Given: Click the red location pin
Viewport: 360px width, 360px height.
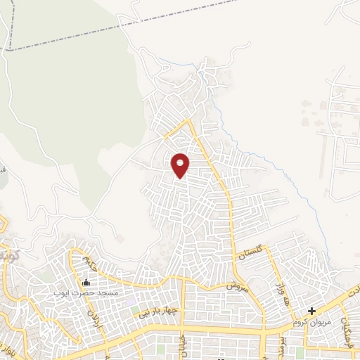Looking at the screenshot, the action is tap(181, 165).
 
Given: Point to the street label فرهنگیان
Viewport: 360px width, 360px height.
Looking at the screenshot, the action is tap(347, 323).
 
